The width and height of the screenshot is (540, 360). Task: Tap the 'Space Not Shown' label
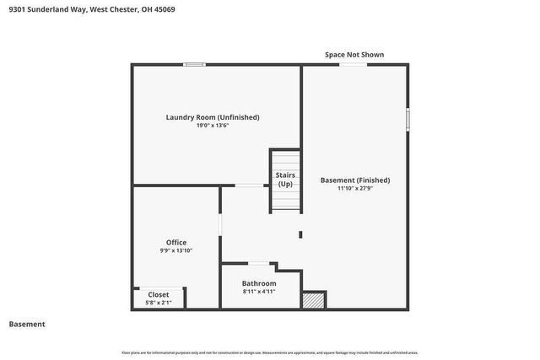click(354, 55)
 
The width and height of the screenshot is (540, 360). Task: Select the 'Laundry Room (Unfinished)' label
click(213, 117)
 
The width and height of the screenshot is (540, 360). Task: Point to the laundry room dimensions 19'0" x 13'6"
click(213, 126)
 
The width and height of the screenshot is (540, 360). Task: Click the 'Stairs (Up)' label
click(285, 180)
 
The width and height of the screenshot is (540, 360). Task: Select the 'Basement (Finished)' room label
click(355, 180)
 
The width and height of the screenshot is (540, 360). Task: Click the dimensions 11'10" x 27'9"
click(355, 189)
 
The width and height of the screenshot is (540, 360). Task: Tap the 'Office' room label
click(176, 242)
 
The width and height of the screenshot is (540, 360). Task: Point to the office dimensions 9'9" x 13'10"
click(176, 250)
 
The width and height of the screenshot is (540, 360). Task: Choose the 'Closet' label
click(159, 294)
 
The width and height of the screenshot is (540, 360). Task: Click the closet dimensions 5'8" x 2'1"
click(159, 302)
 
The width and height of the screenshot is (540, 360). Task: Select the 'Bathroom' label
click(259, 283)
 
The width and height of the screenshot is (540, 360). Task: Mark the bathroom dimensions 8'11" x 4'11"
click(259, 292)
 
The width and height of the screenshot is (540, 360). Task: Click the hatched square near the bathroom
click(314, 300)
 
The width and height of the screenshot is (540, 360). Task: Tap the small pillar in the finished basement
click(300, 234)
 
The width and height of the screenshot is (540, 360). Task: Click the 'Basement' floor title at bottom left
click(27, 325)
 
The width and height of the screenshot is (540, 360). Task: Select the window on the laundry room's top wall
click(195, 64)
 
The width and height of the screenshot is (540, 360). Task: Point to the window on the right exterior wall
click(408, 118)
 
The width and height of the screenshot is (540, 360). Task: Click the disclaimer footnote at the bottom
click(270, 352)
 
